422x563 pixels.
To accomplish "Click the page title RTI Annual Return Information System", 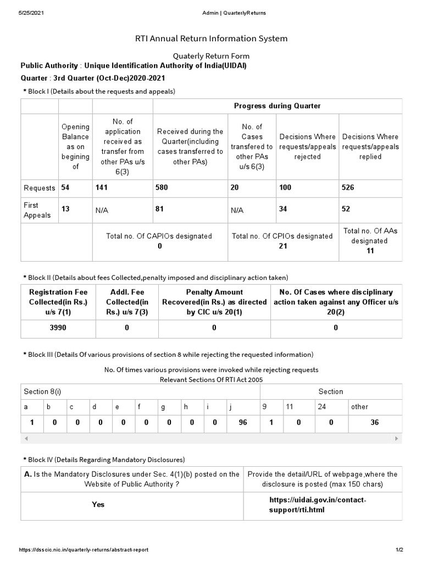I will pos(211,38).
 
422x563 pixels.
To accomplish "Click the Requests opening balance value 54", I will pos(65,187).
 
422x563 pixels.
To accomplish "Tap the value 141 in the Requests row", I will pos(102,187).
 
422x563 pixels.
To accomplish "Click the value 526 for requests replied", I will pos(348,187).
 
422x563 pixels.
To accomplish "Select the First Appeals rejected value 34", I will pos(284,209).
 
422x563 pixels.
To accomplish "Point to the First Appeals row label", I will pos(37,210).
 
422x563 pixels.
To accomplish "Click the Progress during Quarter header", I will pos(277,106).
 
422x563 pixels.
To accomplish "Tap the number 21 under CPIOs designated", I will pos(282,246).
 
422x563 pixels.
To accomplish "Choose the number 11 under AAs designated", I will pos(370,251).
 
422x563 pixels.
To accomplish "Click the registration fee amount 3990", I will pos(58,327).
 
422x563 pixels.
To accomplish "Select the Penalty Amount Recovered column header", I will pos(214,302).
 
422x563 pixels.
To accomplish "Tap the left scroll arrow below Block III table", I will pos(26,439).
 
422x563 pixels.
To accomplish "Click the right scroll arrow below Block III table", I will pos(397,439).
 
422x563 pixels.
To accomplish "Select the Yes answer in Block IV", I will pos(98,504).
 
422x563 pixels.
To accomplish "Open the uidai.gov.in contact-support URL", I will pos(317,505).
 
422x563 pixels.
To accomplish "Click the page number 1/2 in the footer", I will pos(399,550).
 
